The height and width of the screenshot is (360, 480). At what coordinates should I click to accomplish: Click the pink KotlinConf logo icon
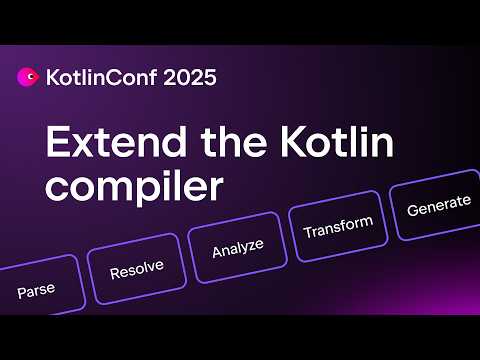tap(28, 77)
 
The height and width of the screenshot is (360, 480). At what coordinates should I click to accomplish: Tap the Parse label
tap(35, 291)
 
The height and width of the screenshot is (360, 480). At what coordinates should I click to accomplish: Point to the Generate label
tap(438, 202)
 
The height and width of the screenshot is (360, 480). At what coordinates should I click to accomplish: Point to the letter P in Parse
tap(21, 294)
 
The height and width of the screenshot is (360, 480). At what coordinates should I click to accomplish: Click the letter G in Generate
tap(412, 208)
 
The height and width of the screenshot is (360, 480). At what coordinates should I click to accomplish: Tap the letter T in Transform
tap(307, 231)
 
